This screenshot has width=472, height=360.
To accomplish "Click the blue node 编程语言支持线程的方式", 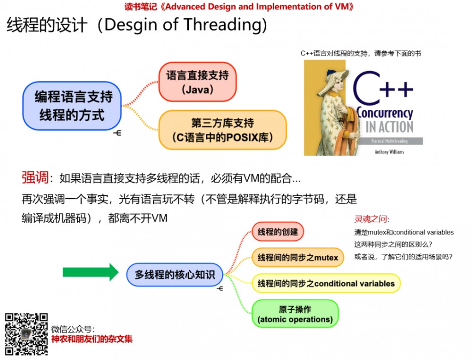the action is [x=72, y=106].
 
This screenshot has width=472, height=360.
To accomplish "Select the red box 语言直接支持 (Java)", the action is [x=197, y=82].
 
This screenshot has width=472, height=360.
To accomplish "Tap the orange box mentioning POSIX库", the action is [x=222, y=130].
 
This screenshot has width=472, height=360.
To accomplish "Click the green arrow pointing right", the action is [x=91, y=272].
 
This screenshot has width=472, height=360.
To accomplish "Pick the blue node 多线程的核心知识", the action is [x=175, y=275].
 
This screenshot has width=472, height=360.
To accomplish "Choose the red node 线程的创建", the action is [x=278, y=232].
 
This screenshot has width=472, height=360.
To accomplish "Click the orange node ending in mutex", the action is [x=298, y=257].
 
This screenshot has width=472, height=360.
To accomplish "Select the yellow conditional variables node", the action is [x=326, y=283].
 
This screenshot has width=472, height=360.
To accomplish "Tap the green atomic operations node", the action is [x=295, y=314].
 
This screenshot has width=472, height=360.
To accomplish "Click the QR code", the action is [x=26, y=334].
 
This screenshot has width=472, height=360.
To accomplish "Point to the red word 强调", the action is [x=35, y=177].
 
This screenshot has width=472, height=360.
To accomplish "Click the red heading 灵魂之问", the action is [x=372, y=219].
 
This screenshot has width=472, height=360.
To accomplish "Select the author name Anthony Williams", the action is [x=389, y=152].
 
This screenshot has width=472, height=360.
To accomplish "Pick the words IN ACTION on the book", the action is [x=389, y=127].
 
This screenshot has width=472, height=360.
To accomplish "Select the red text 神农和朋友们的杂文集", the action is [x=92, y=339].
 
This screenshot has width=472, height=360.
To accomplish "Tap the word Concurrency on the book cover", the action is [x=385, y=113].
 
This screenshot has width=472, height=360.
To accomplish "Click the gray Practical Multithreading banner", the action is [x=390, y=141].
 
